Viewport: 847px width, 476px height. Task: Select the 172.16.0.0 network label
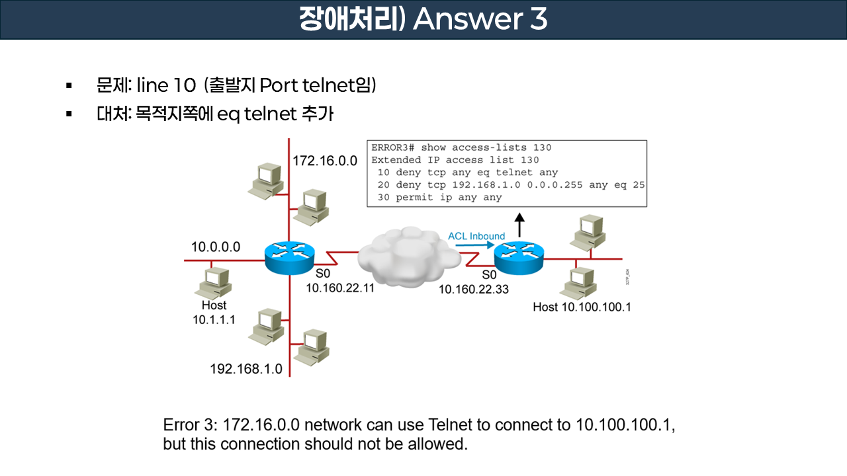tap(325, 161)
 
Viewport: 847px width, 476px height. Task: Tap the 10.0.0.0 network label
tap(216, 247)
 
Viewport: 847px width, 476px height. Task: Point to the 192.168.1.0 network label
tap(246, 369)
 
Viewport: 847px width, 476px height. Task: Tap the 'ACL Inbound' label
tap(476, 236)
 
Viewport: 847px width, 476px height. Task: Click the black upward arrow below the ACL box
tap(520, 224)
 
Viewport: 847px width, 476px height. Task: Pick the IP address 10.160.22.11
tap(340, 288)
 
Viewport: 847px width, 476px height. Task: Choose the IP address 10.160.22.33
tap(474, 289)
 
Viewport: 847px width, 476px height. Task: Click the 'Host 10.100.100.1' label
tap(582, 307)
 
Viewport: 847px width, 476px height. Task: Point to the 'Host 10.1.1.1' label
tap(214, 312)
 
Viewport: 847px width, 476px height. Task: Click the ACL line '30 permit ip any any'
tap(439, 197)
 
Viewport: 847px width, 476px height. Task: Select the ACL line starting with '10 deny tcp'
tap(467, 173)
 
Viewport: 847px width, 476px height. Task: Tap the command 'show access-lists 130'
tap(486, 147)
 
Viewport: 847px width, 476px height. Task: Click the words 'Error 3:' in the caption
tap(191, 424)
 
